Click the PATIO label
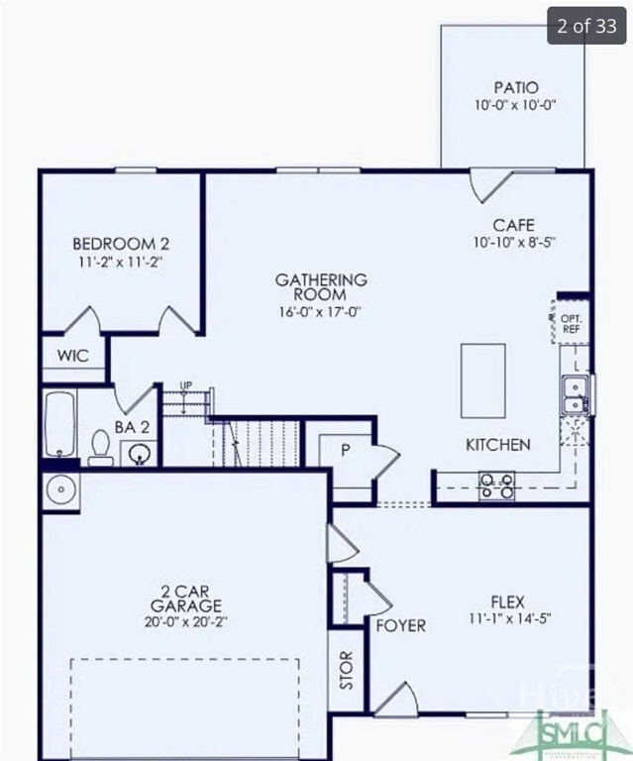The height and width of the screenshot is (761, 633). tap(515, 87)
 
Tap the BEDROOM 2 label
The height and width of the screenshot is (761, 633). tap(121, 244)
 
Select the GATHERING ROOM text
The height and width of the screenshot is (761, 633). tap(321, 287)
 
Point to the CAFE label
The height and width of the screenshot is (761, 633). tap(513, 226)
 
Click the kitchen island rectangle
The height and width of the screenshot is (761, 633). tap(485, 380)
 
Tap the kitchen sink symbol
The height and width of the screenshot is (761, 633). tap(575, 393)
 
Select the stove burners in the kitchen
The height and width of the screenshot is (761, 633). tap(497, 485)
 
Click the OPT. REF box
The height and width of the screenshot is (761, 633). tap(571, 322)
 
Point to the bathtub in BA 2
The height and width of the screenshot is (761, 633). tap(59, 424)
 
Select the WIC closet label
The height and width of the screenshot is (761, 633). tap(72, 356)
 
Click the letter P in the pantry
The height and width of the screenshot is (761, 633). tap(346, 449)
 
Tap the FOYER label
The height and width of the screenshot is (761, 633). tap(400, 626)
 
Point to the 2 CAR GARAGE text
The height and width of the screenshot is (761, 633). tap(186, 598)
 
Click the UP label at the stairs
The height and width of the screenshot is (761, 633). tap(185, 385)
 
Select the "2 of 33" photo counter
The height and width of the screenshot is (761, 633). tap(586, 27)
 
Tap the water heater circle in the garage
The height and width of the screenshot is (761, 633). tap(60, 490)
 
